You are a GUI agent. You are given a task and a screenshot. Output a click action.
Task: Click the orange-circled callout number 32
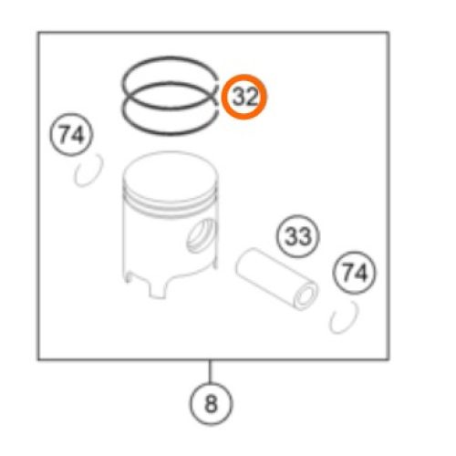click(x=244, y=97)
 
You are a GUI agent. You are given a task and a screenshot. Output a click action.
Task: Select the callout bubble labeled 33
click(x=298, y=236)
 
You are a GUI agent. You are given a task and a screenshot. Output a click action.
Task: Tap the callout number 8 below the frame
click(x=212, y=404)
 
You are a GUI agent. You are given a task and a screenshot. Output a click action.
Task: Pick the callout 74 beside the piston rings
click(x=71, y=135)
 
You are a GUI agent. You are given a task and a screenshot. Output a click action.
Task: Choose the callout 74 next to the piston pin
click(x=355, y=273)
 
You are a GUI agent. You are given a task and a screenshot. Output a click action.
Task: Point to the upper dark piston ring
click(x=170, y=57)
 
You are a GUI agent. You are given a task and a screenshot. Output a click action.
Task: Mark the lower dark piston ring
click(x=171, y=133)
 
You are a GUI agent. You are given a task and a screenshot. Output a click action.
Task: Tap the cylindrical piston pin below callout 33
click(x=276, y=279)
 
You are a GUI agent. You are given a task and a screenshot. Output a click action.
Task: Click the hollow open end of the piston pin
click(x=306, y=297)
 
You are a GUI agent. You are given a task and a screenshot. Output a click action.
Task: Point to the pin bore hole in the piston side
click(x=202, y=236)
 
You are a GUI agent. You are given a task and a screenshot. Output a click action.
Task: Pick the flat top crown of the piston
click(x=171, y=175)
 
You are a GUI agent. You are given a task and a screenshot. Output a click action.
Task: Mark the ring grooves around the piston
click(x=171, y=210)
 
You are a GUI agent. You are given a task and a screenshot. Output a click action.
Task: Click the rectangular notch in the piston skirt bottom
click(x=157, y=288)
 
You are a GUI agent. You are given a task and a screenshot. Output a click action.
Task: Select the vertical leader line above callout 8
click(x=210, y=371)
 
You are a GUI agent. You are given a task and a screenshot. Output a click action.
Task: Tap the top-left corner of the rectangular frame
click(x=38, y=32)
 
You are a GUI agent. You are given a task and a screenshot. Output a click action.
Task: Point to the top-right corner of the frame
click(x=389, y=32)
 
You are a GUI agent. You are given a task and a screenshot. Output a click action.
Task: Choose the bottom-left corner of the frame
click(x=38, y=359)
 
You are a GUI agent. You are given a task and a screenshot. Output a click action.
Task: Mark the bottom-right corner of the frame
click(x=389, y=359)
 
